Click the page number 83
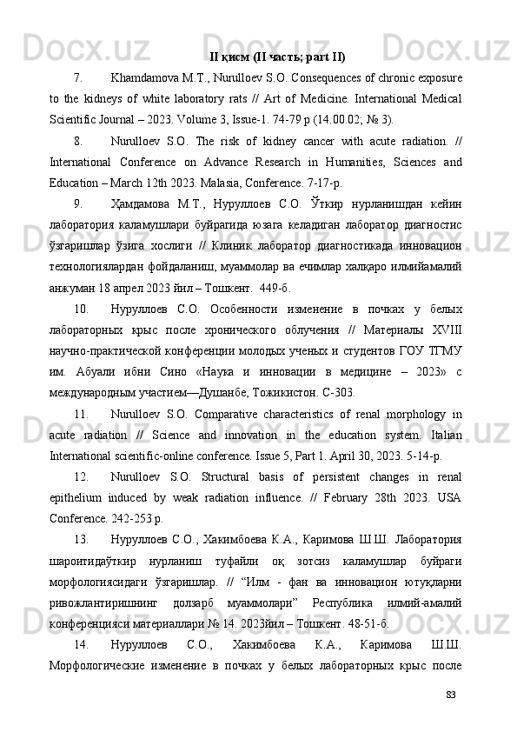450,693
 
